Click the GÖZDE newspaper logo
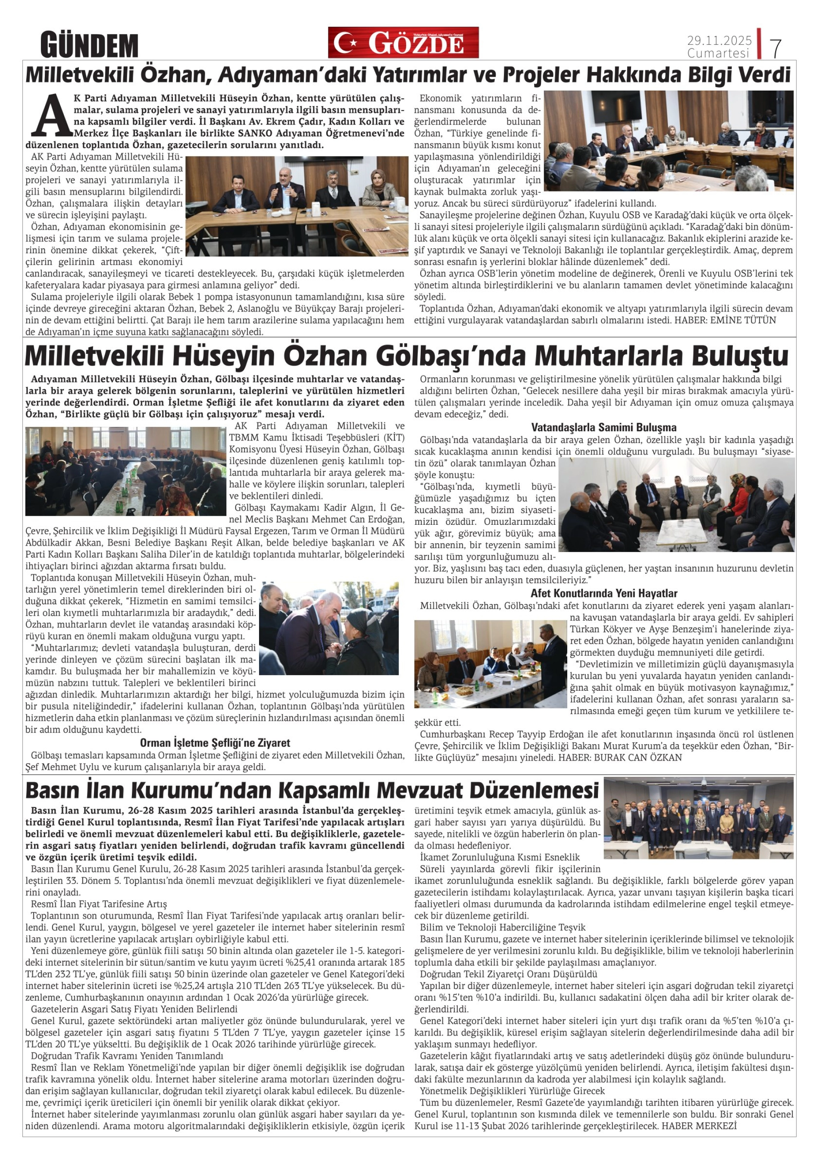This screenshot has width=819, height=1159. point(403,42)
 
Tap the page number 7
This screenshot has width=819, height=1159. point(775,48)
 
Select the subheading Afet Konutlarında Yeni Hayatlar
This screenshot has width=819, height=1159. point(603,593)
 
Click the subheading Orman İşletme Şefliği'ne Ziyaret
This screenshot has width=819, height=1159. point(215,742)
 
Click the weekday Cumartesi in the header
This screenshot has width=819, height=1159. point(718,53)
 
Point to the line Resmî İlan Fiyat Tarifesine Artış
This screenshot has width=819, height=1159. point(99,904)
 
